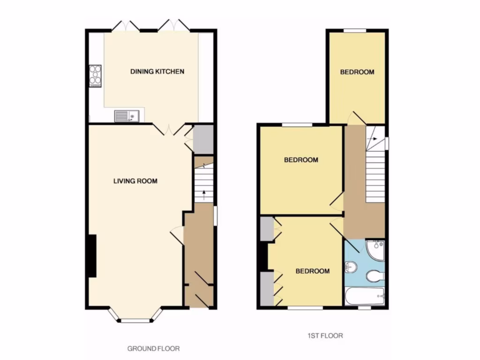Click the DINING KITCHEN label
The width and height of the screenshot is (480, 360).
(157, 72)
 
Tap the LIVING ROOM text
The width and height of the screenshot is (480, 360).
(135, 181)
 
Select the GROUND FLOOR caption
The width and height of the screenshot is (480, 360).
(154, 349)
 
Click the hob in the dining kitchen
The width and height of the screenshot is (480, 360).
(95, 76)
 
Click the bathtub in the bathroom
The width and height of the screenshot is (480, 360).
(364, 296)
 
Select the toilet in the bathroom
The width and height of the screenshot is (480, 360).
(375, 276)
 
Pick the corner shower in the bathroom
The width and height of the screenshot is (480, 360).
(375, 249)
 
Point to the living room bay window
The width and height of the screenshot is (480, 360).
(135, 320)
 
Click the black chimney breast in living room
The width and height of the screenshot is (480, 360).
(91, 255)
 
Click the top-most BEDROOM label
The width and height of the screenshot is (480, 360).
(357, 72)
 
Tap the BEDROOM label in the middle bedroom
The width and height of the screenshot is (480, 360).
(301, 160)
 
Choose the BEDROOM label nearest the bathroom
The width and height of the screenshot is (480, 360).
(312, 271)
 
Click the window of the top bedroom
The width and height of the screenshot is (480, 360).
(355, 31)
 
